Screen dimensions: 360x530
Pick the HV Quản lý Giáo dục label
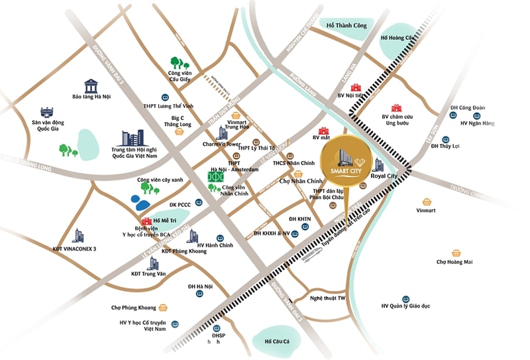click(x=405, y=306)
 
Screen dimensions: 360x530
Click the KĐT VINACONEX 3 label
click(x=75, y=249)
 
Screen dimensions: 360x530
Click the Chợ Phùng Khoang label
click(x=133, y=308)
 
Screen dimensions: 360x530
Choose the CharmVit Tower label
click(x=221, y=144)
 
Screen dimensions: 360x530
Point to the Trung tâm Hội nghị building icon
click(x=132, y=139)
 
